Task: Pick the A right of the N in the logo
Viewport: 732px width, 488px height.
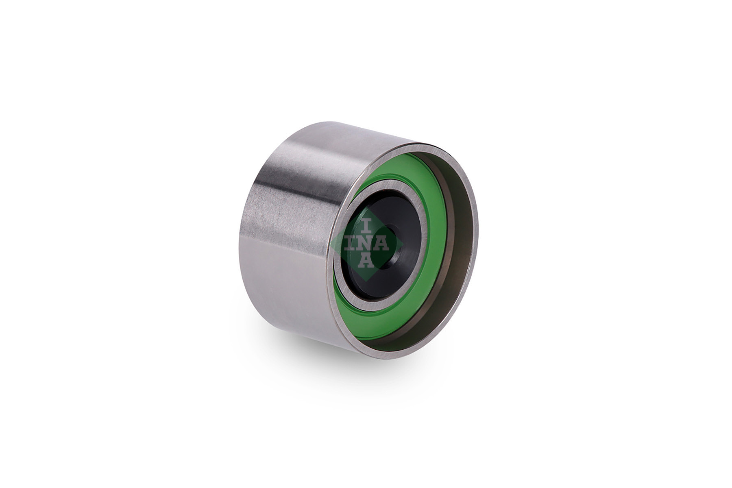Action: pyautogui.click(x=383, y=244)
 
